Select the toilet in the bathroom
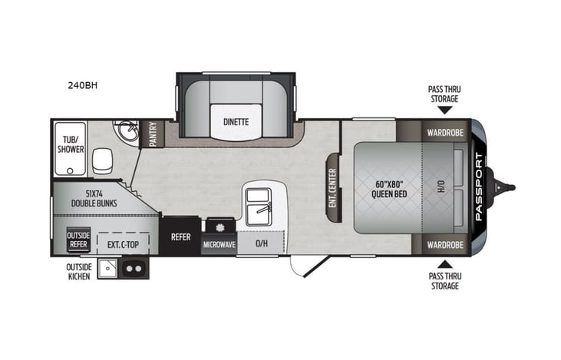[101, 160]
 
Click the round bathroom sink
[128, 133]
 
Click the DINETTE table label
[235, 121]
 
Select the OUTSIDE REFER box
[78, 239]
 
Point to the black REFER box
[180, 237]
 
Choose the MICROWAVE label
[218, 244]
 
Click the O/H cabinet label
[261, 243]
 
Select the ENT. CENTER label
[333, 187]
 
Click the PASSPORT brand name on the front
[479, 188]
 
